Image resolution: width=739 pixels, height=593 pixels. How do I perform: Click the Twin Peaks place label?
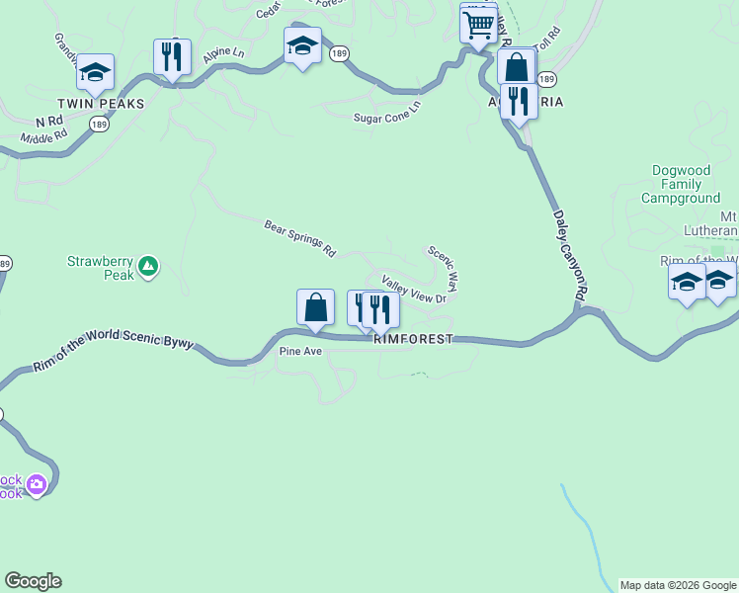(x=101, y=104)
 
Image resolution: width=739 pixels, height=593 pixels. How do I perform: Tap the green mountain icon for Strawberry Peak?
(x=148, y=265)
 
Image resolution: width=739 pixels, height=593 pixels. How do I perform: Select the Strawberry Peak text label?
(x=100, y=268)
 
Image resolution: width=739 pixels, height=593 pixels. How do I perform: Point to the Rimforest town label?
(x=413, y=339)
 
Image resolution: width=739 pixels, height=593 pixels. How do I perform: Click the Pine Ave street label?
(x=301, y=351)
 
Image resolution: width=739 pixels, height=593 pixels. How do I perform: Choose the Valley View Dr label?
(x=415, y=290)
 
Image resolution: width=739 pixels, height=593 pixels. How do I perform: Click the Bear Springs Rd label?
(x=300, y=238)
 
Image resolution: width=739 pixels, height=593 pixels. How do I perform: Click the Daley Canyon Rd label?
(x=572, y=253)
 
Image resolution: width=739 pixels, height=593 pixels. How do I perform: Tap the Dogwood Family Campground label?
(x=681, y=184)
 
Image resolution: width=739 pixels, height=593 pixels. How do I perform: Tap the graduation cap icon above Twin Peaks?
(x=95, y=71)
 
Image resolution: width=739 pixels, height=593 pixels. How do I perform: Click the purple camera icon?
(x=37, y=484)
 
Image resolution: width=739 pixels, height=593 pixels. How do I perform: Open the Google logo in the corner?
(x=33, y=581)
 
